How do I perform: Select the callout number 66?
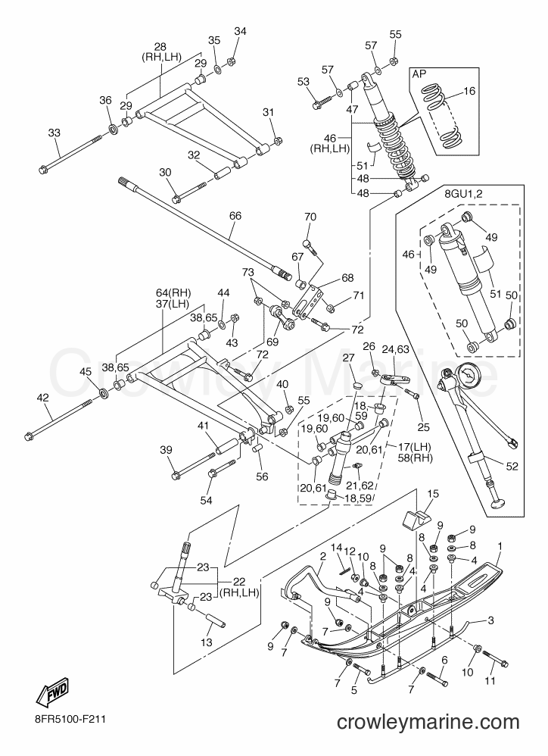235,216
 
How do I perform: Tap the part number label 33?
54,133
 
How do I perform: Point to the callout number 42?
42,397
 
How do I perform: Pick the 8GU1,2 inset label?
462,194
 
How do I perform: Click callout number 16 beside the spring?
469,91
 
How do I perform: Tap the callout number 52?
512,466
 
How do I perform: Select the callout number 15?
433,493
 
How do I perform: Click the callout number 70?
310,217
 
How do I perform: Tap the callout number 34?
240,31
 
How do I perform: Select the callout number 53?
304,82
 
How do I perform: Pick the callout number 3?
490,620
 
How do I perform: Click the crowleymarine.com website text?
428,722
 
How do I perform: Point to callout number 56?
262,476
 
